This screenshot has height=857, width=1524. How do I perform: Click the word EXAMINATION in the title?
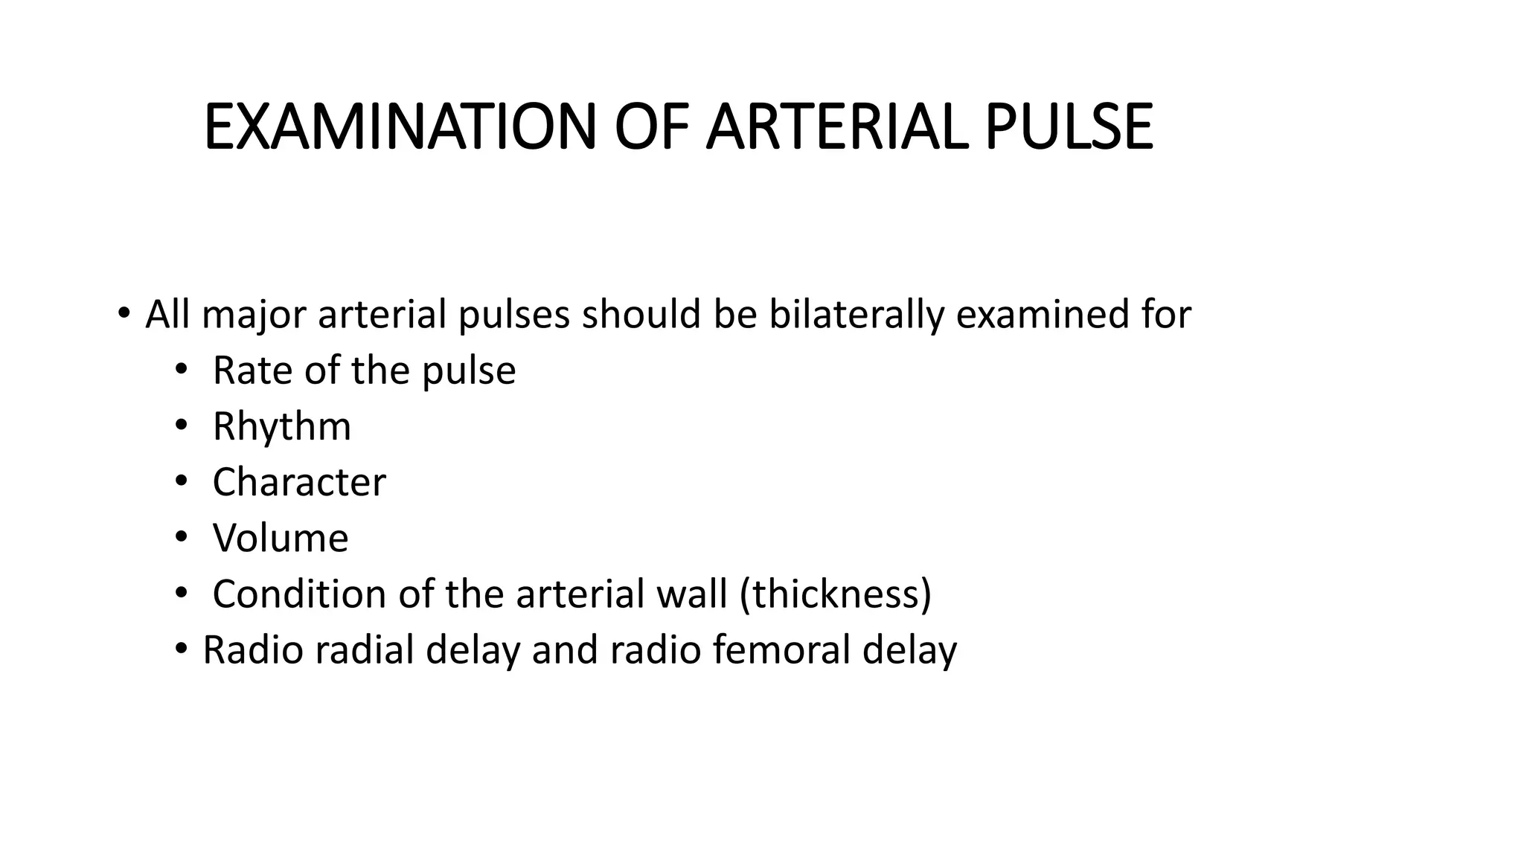pyautogui.click(x=400, y=127)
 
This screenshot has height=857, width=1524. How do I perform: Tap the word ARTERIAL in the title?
pyautogui.click(x=837, y=127)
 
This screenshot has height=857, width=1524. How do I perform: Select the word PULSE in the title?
pyautogui.click(x=1069, y=127)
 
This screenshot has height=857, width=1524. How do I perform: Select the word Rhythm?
pyautogui.click(x=281, y=427)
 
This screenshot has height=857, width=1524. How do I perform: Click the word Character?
pyautogui.click(x=299, y=482)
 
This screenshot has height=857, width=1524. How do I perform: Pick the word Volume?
pyautogui.click(x=281, y=538)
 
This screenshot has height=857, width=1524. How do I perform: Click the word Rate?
pyautogui.click(x=252, y=370)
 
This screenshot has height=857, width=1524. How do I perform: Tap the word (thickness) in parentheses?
pyautogui.click(x=836, y=594)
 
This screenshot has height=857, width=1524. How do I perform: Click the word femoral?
pyautogui.click(x=781, y=649)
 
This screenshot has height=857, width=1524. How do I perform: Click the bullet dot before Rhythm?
pyautogui.click(x=181, y=426)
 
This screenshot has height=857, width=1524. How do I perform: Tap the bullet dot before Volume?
pyautogui.click(x=181, y=536)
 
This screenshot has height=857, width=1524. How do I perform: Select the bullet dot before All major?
pyautogui.click(x=124, y=312)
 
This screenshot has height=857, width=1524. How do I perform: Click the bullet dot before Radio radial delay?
pyautogui.click(x=181, y=649)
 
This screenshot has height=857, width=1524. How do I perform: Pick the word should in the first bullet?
pyautogui.click(x=641, y=315)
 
